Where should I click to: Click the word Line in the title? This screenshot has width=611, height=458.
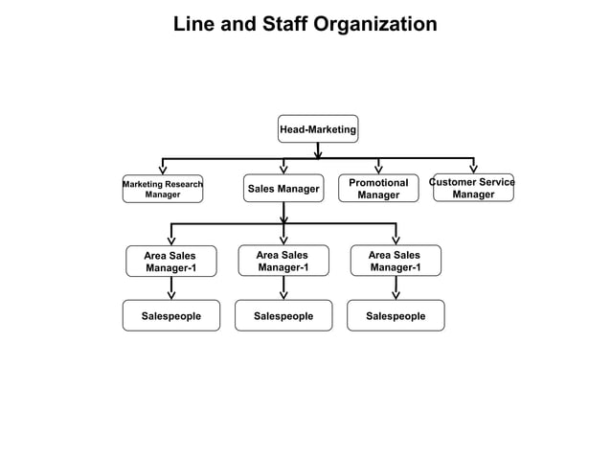(x=192, y=24)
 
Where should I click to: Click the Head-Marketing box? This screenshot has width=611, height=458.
(x=317, y=128)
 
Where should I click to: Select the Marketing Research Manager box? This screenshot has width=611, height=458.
(x=162, y=189)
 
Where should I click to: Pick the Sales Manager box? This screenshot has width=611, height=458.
(x=283, y=189)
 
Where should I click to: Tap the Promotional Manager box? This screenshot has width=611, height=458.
(x=378, y=189)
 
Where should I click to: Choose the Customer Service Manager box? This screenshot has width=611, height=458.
(x=473, y=189)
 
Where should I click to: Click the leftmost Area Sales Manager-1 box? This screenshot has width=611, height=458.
(x=170, y=262)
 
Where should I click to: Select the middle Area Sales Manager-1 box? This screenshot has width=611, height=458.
(x=283, y=262)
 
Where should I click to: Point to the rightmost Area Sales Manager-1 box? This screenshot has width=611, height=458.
(x=395, y=262)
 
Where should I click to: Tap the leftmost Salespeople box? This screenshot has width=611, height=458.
(x=170, y=315)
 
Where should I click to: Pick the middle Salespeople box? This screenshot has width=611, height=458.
(x=283, y=315)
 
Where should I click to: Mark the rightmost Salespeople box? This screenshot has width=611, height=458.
(x=396, y=315)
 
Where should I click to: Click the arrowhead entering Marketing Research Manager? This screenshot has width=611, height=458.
(x=163, y=170)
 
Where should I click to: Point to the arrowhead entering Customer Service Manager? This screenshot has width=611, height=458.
(x=473, y=170)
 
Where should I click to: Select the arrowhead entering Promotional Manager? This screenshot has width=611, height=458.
(x=378, y=170)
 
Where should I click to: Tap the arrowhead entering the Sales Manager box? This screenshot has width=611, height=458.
(x=283, y=170)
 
